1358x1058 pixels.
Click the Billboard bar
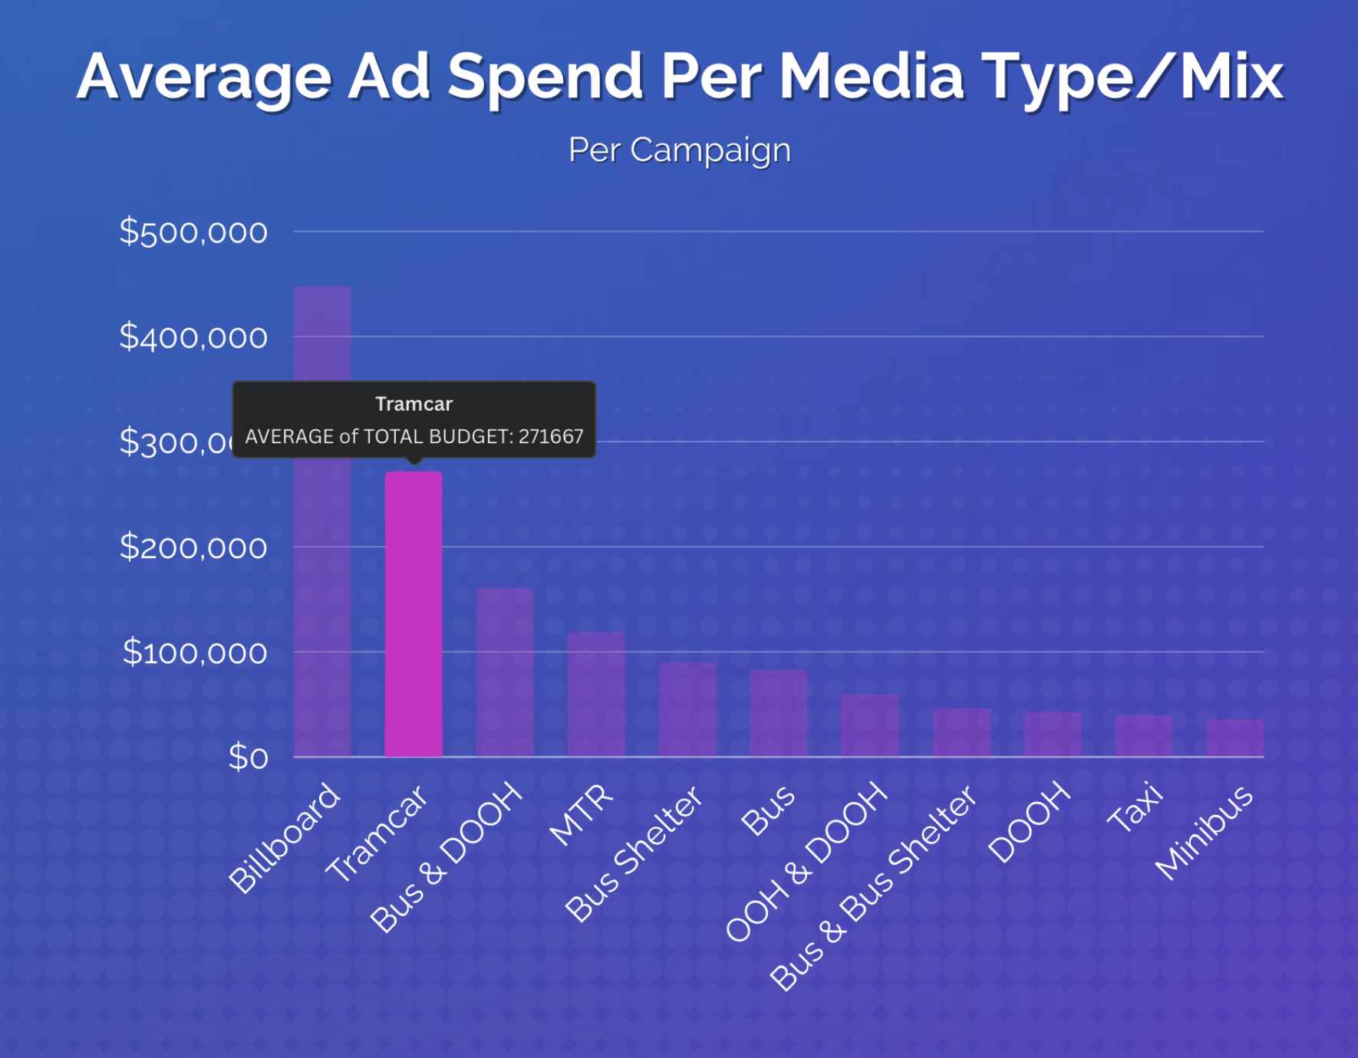322,521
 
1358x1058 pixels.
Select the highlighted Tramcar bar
414,613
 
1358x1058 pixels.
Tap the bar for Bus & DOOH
505,672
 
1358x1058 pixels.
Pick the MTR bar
596,694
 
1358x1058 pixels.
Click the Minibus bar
1234,738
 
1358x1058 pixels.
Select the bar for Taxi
1143,735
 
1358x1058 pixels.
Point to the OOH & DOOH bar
869,725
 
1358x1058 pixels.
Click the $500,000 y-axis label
193,232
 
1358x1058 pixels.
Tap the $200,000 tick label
193,547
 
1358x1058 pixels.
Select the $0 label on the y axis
249,757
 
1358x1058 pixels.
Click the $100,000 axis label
195,652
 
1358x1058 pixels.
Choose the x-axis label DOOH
1029,822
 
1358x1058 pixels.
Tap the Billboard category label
285,837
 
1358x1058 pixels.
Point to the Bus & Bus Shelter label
873,887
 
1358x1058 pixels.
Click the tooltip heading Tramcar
414,404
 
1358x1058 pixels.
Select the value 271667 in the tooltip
551,436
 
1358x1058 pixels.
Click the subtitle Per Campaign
679,149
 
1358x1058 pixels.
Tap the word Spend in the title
545,77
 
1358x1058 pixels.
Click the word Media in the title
872,77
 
